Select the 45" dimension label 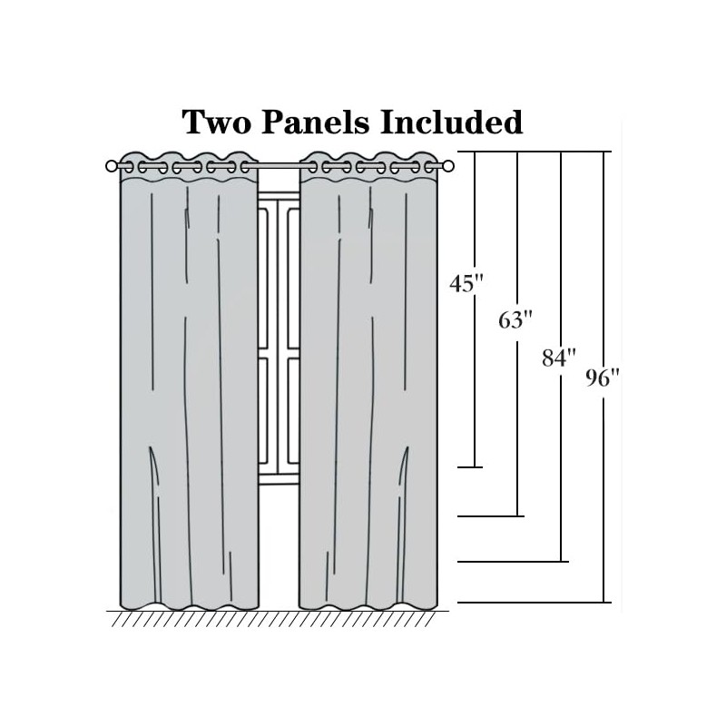coord(463,284)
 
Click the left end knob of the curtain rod coord(112,166)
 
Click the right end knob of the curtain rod coord(448,166)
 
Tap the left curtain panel coord(189,390)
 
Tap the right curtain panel coord(368,390)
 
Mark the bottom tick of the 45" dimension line coord(469,467)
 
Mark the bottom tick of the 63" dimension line coord(491,516)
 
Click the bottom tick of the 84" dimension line coord(513,562)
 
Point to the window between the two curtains coord(279,345)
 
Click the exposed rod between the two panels coord(279,166)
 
